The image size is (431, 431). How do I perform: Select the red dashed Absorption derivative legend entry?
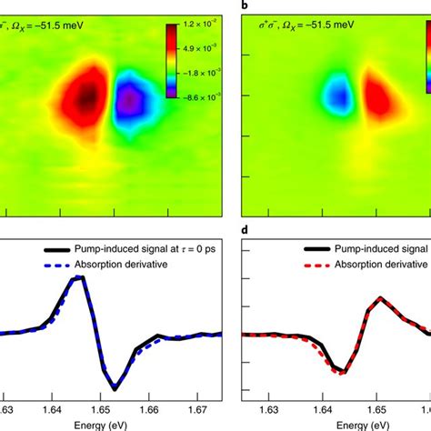tap(373, 267)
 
